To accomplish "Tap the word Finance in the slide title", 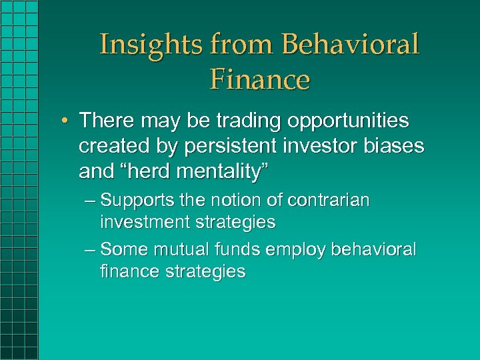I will coord(260,79).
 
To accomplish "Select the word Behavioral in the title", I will coord(351,45).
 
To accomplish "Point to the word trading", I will coord(241,121).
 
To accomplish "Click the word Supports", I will coord(134,201).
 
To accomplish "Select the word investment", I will coord(141,222).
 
